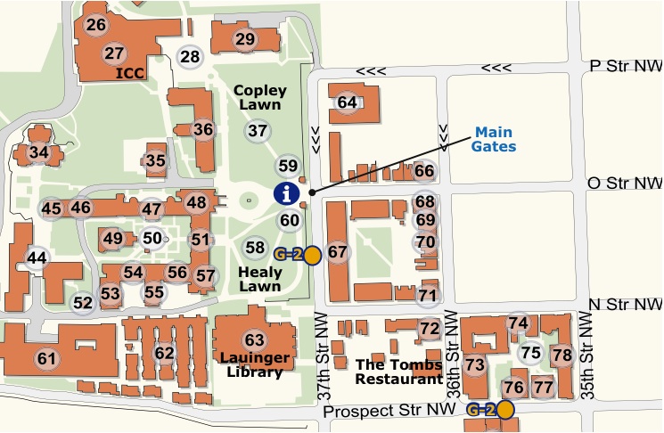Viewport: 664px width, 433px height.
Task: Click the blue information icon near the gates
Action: click(285, 192)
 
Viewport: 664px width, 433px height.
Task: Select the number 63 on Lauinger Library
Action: click(255, 339)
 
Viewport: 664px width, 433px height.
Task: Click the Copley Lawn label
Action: click(259, 98)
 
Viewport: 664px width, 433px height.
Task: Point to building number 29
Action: click(245, 38)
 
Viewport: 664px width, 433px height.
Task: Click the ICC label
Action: click(130, 73)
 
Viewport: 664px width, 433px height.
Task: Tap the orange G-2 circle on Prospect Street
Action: click(505, 410)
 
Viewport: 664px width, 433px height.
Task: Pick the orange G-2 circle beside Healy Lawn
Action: click(312, 256)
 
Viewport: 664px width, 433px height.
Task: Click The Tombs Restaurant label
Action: click(398, 371)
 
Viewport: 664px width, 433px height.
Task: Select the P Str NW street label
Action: click(627, 66)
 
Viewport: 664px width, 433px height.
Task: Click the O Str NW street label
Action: click(625, 184)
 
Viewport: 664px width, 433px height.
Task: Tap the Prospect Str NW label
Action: click(391, 412)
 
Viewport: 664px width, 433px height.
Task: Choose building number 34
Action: click(38, 152)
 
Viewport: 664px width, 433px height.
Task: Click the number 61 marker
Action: click(46, 358)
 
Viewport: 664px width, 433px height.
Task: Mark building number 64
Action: click(347, 102)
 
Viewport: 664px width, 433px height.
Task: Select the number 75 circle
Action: click(531, 352)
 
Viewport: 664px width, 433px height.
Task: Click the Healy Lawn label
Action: click(260, 278)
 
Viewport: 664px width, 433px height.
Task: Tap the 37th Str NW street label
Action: click(325, 356)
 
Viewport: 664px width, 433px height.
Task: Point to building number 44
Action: click(37, 258)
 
